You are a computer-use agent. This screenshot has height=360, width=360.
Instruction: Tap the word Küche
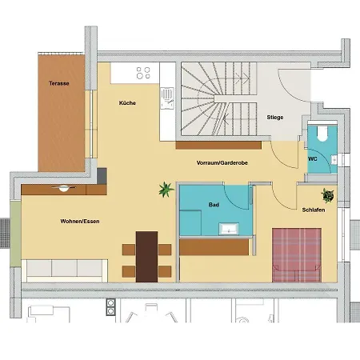(x=127, y=103)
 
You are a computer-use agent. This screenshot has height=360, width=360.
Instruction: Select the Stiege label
(x=275, y=118)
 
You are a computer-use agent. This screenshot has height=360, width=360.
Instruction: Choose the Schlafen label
(x=313, y=210)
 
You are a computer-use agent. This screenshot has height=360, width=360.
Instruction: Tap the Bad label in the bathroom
(x=214, y=205)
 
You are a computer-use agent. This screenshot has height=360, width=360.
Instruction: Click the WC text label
(x=313, y=159)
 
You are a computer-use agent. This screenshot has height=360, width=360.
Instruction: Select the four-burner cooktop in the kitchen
(x=144, y=74)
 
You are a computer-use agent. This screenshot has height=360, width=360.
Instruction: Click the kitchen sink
(x=167, y=98)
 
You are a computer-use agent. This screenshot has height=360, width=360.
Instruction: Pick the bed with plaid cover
(x=297, y=254)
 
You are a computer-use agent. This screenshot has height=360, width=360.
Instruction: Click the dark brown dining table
(x=147, y=256)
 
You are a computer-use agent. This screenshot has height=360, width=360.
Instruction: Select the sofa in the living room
(x=64, y=268)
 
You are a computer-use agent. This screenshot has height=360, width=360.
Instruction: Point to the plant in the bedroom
(x=327, y=194)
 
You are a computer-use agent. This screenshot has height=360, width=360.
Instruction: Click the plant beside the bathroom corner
(x=166, y=190)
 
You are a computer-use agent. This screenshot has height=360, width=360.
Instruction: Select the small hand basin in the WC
(x=334, y=158)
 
